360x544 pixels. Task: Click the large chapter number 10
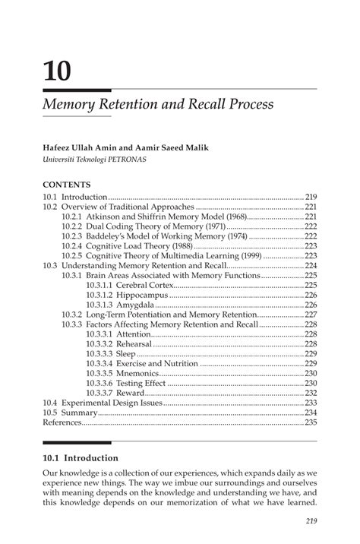pyautogui.click(x=58, y=71)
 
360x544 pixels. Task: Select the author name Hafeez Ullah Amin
pyautogui.click(x=81, y=147)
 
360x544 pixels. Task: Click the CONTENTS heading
pyautogui.click(x=67, y=185)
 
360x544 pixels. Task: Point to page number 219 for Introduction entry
pyautogui.click(x=310, y=196)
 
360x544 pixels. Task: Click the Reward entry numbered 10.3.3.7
pyautogui.click(x=134, y=393)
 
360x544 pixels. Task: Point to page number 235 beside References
pyautogui.click(x=310, y=422)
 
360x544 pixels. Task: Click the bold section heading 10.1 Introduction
pyautogui.click(x=81, y=458)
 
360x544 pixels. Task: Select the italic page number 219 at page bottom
pyautogui.click(x=309, y=520)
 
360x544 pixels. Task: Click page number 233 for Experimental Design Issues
pyautogui.click(x=310, y=403)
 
